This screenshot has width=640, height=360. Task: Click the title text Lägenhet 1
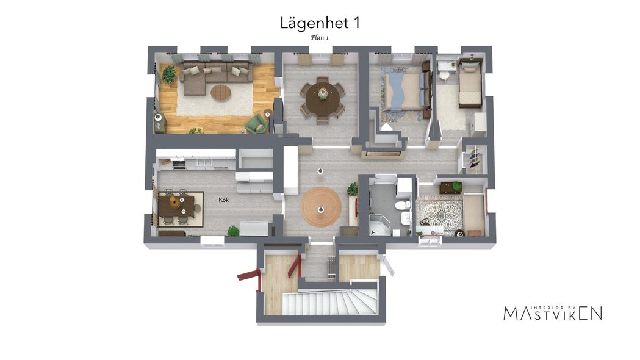[x=320, y=23]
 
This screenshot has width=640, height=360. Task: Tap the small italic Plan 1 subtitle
[x=320, y=38]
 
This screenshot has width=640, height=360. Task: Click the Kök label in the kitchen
[x=224, y=200]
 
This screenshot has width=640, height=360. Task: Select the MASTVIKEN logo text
[x=553, y=313]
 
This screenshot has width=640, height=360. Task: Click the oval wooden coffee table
[x=221, y=93]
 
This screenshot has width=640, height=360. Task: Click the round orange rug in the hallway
[x=321, y=206]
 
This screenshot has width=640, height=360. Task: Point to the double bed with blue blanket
[x=404, y=91]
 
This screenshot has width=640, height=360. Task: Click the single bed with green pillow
[x=470, y=83]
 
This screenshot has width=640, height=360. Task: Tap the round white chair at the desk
[x=444, y=76]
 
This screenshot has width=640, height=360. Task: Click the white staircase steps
[x=330, y=303]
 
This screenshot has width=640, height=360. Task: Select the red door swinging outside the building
[x=249, y=275]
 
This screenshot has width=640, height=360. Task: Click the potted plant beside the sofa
[x=168, y=74]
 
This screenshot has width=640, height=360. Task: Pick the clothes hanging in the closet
[x=473, y=159]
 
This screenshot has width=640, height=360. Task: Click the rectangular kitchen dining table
[x=176, y=206]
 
